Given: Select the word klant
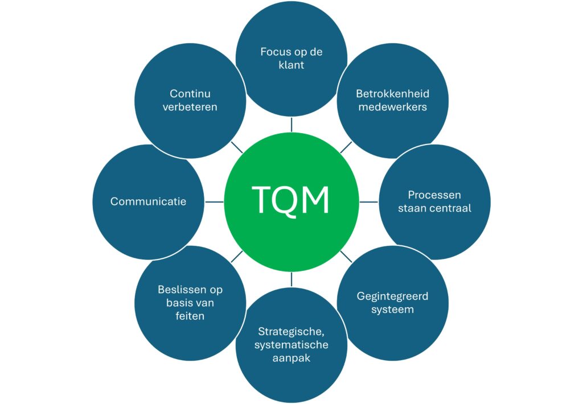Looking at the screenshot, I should tap(291, 65).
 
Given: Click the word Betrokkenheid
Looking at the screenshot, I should tap(392, 93).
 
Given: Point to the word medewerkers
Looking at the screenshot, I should tap(392, 106).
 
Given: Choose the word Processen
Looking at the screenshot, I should tap(434, 195).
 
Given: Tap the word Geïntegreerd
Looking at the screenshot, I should tap(392, 296).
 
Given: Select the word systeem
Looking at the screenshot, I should tap(392, 310).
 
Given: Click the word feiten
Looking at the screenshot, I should tap(190, 316).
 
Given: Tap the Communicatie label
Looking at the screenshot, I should tap(148, 201).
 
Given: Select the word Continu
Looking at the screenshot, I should tap(190, 93).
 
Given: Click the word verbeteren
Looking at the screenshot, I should tap(190, 106).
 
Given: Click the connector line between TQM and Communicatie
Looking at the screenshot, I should tap(214, 201).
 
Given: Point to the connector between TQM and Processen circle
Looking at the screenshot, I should tap(369, 201).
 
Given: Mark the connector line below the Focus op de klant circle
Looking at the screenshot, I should tap(291, 125).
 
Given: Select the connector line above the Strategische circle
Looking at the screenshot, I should tap(291, 279).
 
